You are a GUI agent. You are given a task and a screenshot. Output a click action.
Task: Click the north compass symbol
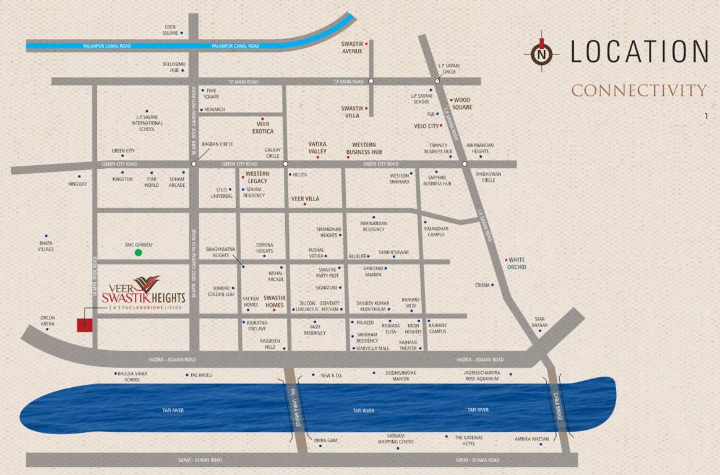pos(541,54)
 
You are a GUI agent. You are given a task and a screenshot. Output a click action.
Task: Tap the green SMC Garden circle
pos(139,252)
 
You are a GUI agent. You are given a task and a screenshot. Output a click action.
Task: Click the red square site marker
pos(85,325)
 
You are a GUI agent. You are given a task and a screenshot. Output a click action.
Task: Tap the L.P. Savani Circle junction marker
pos(437,81)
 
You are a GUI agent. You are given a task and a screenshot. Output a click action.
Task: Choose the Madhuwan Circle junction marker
pos(465,164)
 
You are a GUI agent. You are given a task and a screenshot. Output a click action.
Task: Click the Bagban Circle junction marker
pos(194,164)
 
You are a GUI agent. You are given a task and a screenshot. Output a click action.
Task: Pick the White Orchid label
pos(517,263)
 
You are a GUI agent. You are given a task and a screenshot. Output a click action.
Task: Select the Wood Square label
pos(462,103)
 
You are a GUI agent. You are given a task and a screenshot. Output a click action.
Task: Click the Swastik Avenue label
pos(352,47)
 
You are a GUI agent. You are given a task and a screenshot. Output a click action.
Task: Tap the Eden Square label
pos(170,30)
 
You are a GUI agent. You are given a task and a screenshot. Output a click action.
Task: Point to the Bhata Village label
pos(46,246)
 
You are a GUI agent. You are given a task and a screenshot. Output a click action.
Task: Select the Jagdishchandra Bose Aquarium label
pos(482,375)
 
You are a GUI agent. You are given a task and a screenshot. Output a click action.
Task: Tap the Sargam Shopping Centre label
pos(396,439)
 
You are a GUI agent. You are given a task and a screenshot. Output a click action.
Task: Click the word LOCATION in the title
pos(639,51)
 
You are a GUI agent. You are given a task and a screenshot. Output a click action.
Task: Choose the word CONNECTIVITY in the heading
pos(638,90)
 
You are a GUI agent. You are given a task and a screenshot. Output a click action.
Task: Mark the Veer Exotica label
pos(263,128)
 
